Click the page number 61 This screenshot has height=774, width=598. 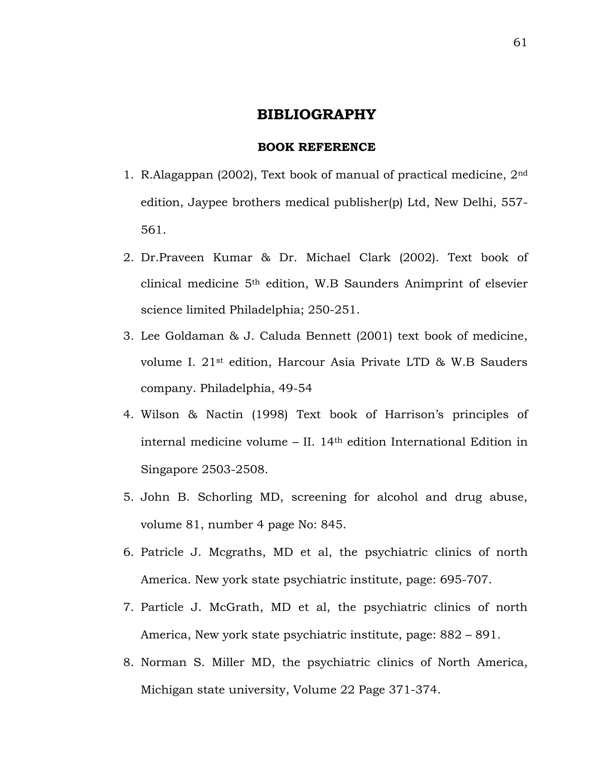pos(520,43)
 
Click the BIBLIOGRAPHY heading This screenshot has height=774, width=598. pos(316,115)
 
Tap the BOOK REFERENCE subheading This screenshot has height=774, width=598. pos(316,147)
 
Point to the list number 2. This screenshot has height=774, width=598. pos(128,258)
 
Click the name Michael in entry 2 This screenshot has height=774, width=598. pos(328,258)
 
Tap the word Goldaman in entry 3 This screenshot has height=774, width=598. pos(194,336)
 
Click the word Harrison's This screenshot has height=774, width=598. pos(414,415)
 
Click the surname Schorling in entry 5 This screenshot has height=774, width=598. pos(225,497)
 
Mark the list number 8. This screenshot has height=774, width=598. pos(128,663)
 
